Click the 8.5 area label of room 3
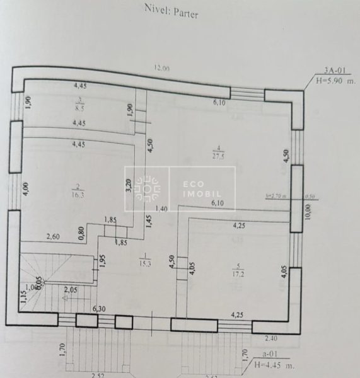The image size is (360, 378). point(79,107)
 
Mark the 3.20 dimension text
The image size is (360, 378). point(129,186)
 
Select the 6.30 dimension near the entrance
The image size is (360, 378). point(99,309)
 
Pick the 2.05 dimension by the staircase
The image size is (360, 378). point(71,289)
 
